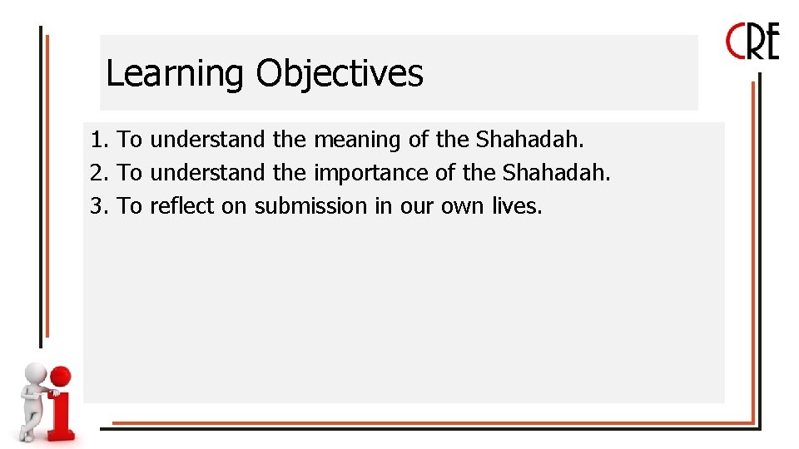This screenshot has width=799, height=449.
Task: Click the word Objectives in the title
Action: (339, 73)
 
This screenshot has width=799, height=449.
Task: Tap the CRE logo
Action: (752, 42)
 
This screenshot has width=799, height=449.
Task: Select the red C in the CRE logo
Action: (735, 42)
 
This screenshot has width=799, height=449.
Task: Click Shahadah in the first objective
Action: (529, 140)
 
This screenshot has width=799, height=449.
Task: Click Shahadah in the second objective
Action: (556, 173)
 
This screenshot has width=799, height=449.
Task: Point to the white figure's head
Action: (35, 373)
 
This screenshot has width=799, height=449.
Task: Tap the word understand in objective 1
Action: (207, 140)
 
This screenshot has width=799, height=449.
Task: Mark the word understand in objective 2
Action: (207, 173)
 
